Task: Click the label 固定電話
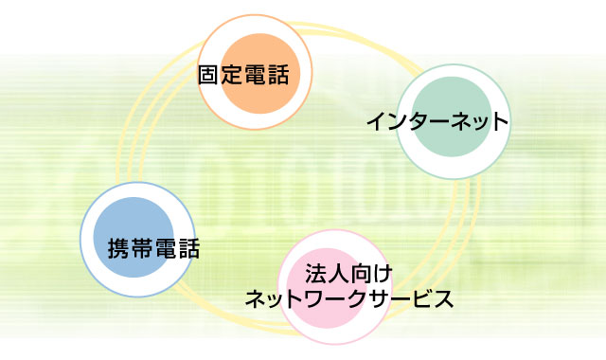(242, 73)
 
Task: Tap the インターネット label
(437, 122)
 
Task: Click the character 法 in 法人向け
(315, 277)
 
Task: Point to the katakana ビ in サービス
(420, 300)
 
